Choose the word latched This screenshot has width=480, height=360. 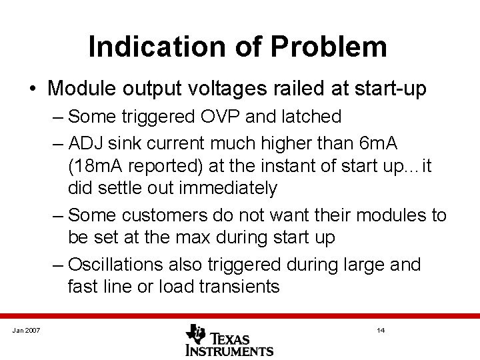[309, 117]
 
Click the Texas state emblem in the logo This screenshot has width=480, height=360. [196, 333]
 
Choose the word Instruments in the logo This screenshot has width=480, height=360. [229, 350]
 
